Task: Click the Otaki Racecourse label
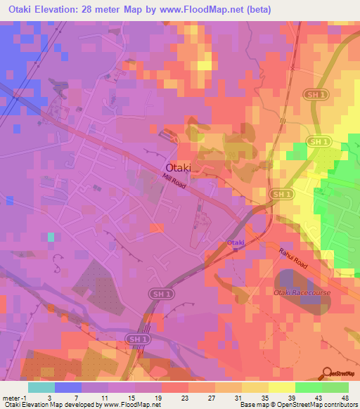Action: [x=300, y=291]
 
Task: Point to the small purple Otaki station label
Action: [x=236, y=242]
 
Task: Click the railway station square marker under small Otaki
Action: [x=236, y=249]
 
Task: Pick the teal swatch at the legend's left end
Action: [x=41, y=387]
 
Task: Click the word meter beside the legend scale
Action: [x=12, y=397]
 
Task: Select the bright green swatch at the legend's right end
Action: [x=335, y=387]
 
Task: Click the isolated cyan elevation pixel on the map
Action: [x=50, y=237]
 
